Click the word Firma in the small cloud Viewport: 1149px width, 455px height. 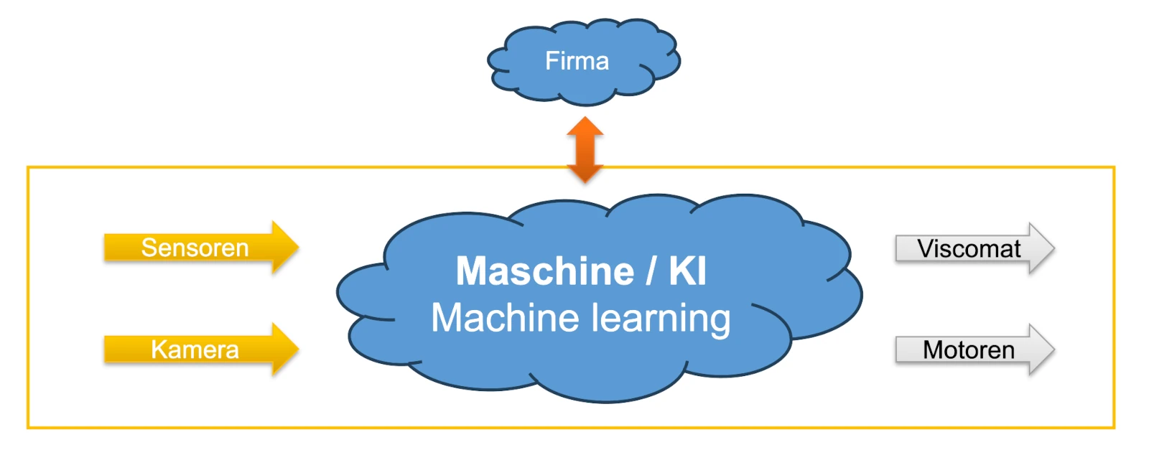coord(577,61)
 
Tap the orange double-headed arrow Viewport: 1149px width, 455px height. coord(585,150)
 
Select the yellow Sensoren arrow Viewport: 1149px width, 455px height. coord(201,248)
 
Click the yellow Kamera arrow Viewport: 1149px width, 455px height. coord(201,350)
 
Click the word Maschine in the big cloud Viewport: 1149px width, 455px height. coord(545,271)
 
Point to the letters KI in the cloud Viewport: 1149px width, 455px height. coord(687,271)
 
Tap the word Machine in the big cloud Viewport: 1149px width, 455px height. coord(505,318)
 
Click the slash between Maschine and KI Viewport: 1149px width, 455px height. coord(651,271)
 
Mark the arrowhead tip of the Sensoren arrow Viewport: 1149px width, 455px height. coord(297,248)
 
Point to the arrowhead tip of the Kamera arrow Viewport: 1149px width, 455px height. coord(297,350)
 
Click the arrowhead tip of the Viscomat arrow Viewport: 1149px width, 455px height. coord(1053,249)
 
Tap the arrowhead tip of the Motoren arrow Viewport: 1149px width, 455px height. coord(1053,350)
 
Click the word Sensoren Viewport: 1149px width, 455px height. coord(195,248)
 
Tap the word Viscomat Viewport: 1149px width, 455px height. coord(969,249)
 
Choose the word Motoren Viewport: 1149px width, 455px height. coord(969,350)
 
